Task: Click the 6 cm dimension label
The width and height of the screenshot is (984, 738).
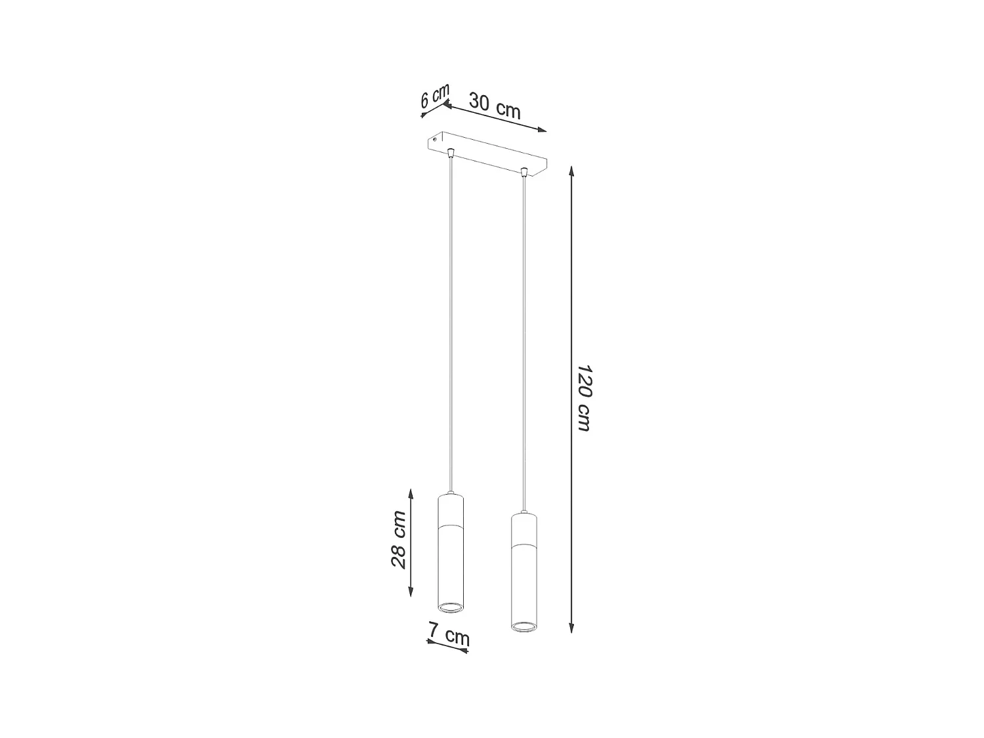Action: (434, 96)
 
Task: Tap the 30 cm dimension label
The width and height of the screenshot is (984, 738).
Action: (495, 107)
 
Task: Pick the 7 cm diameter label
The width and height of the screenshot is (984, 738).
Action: (449, 634)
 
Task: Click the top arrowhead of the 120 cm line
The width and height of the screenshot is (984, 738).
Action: (572, 170)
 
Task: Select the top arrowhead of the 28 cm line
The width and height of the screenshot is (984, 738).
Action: (411, 493)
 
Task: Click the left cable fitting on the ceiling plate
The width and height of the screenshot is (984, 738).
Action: (450, 154)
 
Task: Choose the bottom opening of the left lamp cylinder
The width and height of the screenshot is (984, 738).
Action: (451, 608)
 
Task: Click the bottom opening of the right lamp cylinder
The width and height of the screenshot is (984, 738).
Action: (523, 626)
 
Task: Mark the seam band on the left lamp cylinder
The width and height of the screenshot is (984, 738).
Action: (451, 526)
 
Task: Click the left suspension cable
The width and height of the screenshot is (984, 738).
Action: (450, 328)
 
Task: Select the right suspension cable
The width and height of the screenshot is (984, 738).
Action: (523, 341)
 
